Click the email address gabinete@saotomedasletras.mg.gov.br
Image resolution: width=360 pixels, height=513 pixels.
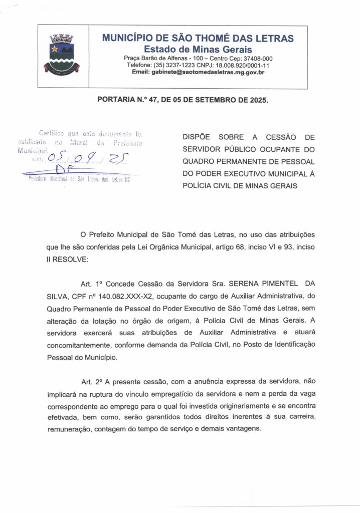[x=198, y=72]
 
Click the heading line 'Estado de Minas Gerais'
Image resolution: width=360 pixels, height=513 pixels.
[x=198, y=49]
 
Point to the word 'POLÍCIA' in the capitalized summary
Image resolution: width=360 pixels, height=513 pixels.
[x=198, y=186]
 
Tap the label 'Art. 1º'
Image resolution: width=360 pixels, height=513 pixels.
[x=90, y=284]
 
